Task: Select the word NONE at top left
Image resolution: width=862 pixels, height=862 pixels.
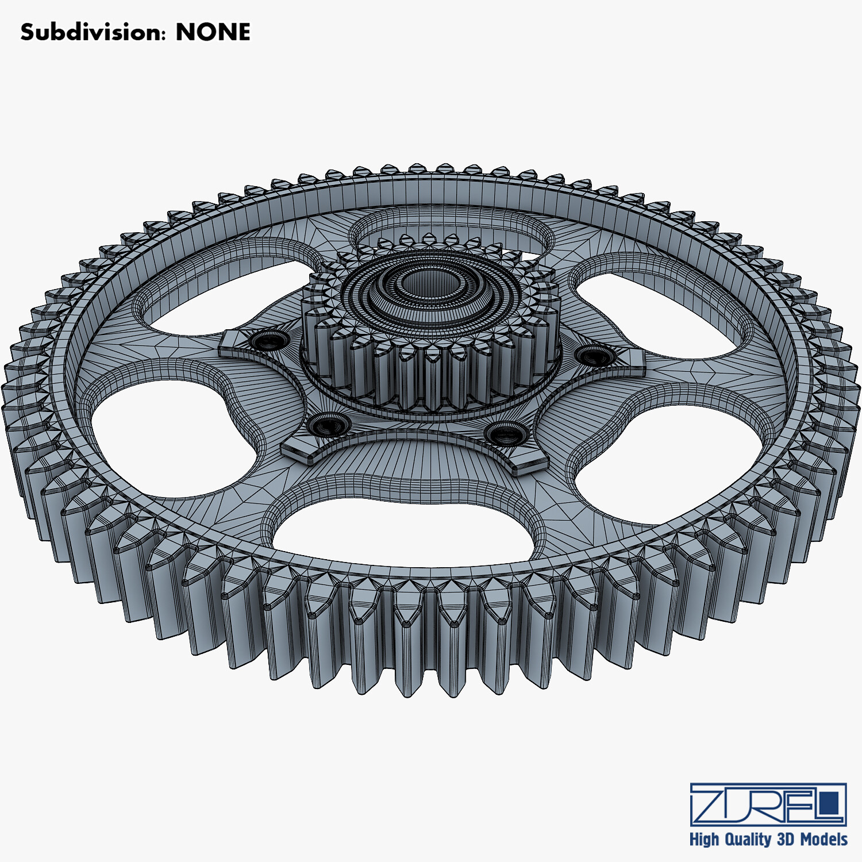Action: pyautogui.click(x=213, y=32)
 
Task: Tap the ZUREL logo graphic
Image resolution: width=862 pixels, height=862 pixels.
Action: pyautogui.click(x=768, y=805)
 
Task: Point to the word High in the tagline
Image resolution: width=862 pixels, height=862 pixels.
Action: pyautogui.click(x=704, y=840)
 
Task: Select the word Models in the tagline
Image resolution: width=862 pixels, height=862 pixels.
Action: pyautogui.click(x=823, y=840)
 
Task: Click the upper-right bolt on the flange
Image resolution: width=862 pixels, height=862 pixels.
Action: pyautogui.click(x=595, y=356)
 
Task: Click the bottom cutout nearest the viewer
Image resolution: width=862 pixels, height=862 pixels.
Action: pyautogui.click(x=402, y=529)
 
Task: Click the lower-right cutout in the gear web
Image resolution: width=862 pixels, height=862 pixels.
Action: pyautogui.click(x=672, y=465)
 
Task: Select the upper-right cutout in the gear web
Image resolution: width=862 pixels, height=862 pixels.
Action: pyautogui.click(x=661, y=310)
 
